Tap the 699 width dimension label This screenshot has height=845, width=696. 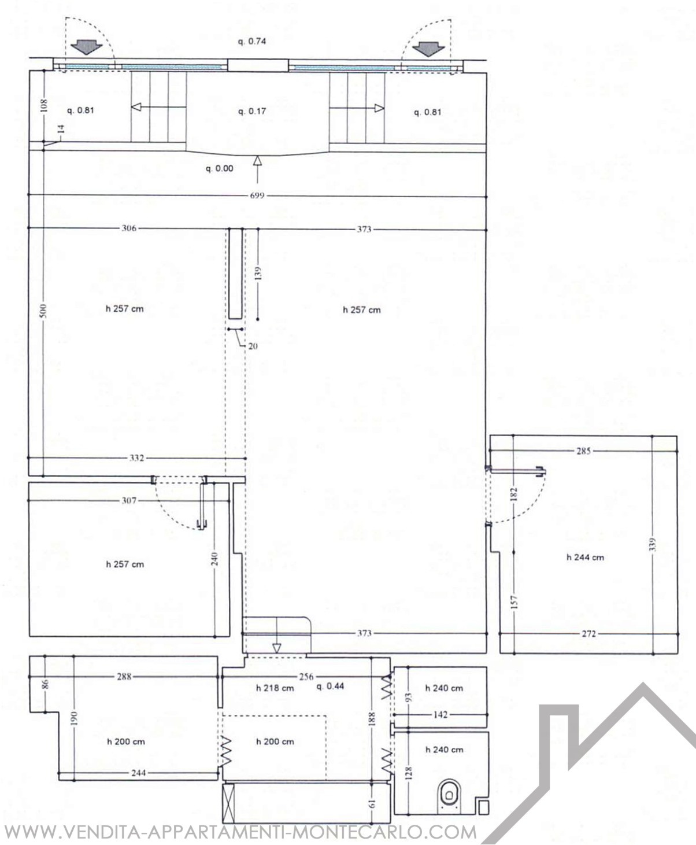pos(257,196)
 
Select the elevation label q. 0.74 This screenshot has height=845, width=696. pos(251,41)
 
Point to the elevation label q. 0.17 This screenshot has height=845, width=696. pos(252,111)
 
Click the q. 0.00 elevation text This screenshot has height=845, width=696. pos(220,168)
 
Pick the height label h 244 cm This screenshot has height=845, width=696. pos(585,558)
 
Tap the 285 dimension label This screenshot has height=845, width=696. pos(584,451)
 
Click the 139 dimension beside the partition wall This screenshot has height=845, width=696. pos(259,273)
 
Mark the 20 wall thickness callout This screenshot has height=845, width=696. pos(253,346)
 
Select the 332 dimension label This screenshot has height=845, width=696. pos(136,458)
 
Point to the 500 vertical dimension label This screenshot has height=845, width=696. pos(44,311)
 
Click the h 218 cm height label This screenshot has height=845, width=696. pos(275,688)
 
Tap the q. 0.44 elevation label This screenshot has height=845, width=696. pos(330,687)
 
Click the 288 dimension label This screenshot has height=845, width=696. pos(124,676)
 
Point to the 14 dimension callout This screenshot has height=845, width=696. pos(61,129)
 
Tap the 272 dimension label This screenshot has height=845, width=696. pos(589,634)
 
